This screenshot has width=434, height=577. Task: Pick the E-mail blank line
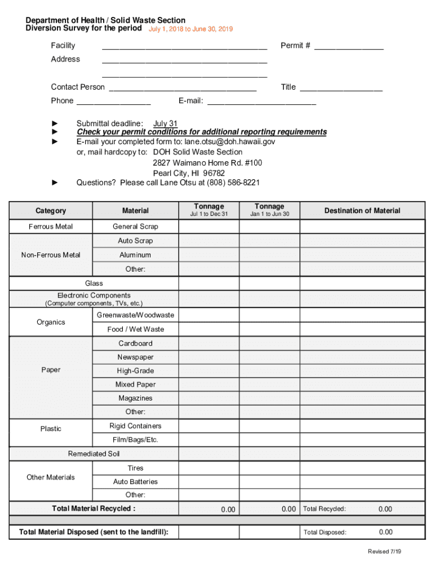click(x=262, y=102)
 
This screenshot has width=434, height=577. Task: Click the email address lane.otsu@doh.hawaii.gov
click(x=230, y=142)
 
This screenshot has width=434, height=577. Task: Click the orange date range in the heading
click(x=191, y=29)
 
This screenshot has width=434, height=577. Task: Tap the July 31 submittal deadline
click(x=165, y=124)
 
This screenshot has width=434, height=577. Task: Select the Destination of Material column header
click(x=362, y=211)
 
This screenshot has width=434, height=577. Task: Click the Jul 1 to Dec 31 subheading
click(x=209, y=214)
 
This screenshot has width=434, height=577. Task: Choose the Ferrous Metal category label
click(x=51, y=227)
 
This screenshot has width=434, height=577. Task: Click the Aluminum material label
click(x=135, y=255)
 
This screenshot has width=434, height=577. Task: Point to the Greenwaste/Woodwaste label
click(x=135, y=315)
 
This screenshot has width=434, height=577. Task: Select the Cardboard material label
click(x=135, y=343)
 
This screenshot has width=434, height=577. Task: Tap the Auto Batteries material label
click(x=135, y=482)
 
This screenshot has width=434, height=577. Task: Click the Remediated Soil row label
click(x=94, y=454)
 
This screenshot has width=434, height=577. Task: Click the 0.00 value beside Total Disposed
click(x=386, y=532)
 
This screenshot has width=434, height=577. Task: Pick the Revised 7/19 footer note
click(x=384, y=552)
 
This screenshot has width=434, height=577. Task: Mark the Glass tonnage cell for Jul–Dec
click(x=209, y=283)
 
